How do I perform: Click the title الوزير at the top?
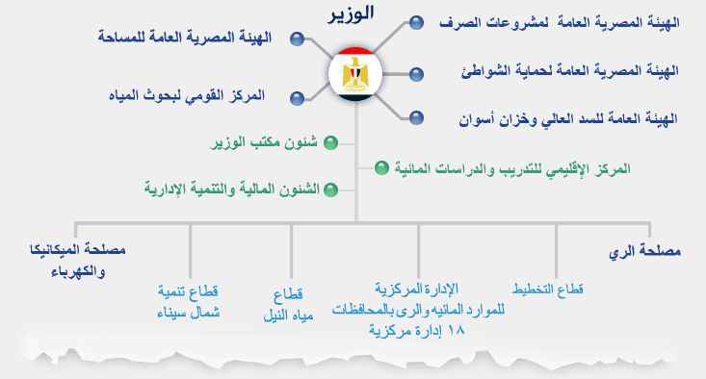(351, 14)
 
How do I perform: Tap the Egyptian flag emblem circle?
(355, 74)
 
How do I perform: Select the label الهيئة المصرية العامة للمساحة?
(185, 37)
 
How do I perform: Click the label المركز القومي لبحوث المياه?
(187, 96)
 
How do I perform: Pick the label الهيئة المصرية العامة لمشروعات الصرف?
(560, 22)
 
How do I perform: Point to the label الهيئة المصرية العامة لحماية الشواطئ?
(570, 70)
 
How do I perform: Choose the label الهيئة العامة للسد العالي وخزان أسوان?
(568, 118)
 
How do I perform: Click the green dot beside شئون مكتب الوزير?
(331, 143)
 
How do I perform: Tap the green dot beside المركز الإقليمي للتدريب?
(381, 168)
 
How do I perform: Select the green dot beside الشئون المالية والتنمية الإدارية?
(331, 189)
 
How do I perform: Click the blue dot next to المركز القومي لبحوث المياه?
(298, 98)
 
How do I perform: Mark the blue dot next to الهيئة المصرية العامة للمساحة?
(298, 38)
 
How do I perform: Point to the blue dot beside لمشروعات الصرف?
(416, 22)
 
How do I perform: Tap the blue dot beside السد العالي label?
(416, 117)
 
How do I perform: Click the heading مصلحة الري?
(644, 251)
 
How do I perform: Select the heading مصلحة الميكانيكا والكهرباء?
(78, 261)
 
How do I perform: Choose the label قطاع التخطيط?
(548, 290)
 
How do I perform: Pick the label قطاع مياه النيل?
(288, 305)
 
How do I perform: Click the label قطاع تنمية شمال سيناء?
(188, 301)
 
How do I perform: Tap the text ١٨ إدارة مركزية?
(416, 331)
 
